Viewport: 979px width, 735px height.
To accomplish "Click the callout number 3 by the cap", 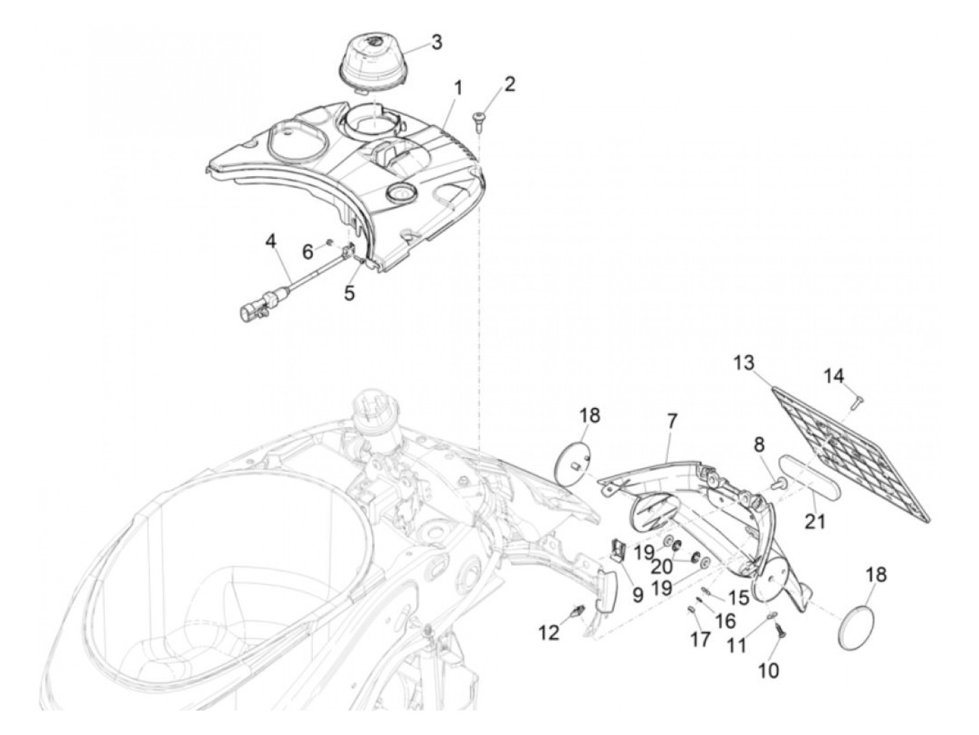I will tap(436, 42).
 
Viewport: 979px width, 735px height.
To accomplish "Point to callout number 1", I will tap(458, 89).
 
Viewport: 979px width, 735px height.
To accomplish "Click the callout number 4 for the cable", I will tap(271, 242).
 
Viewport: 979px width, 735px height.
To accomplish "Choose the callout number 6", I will tap(308, 252).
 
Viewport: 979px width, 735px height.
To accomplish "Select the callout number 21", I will tap(815, 521).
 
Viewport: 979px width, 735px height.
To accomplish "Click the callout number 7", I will tap(671, 421).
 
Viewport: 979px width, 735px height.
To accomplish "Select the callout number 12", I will tap(549, 633).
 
